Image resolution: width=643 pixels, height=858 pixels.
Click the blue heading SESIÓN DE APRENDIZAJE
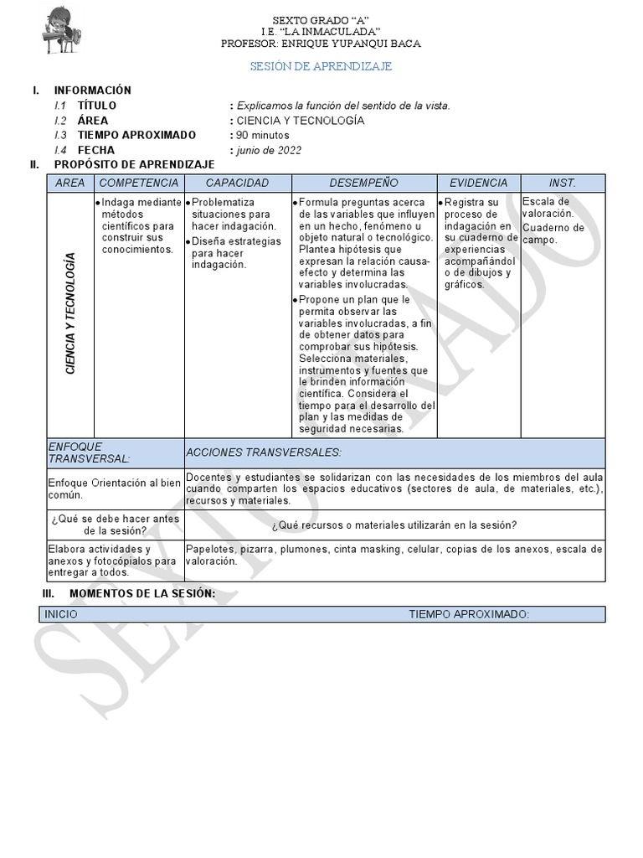tap(321, 66)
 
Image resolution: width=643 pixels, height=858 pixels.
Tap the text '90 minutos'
tap(263, 135)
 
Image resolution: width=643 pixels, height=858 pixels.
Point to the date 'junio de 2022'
tap(269, 150)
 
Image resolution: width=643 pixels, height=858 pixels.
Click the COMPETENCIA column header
tap(139, 183)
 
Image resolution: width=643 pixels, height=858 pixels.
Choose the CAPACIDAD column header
tap(237, 183)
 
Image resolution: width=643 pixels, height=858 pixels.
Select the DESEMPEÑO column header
tap(363, 183)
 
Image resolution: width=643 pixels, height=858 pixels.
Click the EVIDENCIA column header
tap(478, 183)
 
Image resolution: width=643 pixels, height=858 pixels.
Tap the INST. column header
tap(562, 183)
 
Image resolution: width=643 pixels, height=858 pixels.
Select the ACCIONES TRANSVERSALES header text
tap(264, 452)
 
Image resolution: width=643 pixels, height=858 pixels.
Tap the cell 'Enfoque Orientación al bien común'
tap(115, 488)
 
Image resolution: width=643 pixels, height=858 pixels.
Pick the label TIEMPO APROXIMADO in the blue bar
tap(469, 614)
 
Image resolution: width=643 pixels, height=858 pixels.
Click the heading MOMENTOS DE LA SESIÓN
tap(141, 593)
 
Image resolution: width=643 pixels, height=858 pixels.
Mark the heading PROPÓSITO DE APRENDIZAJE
tap(134, 165)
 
